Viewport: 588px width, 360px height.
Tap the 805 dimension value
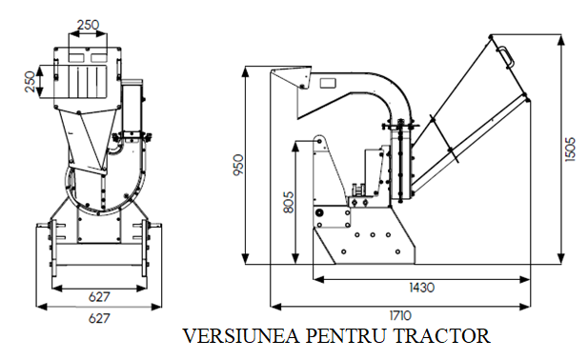(x=289, y=202)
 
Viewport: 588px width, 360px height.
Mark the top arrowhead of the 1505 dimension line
(x=558, y=37)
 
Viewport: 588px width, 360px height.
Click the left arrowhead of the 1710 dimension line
(x=273, y=306)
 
